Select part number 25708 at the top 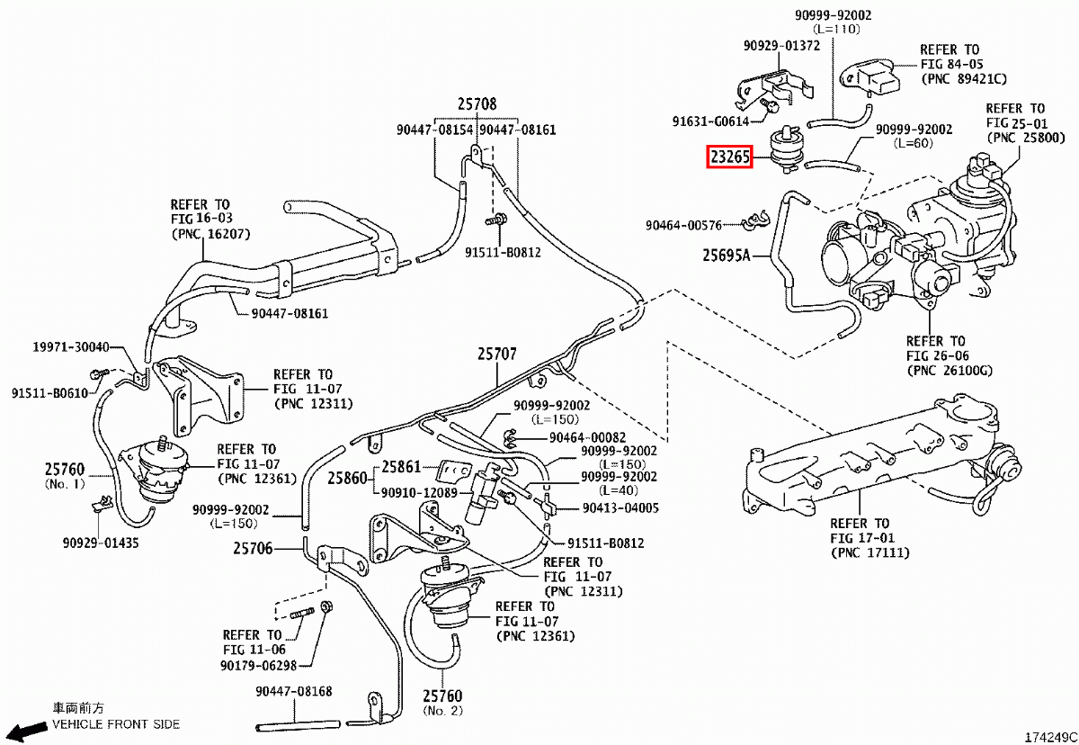pos(476,104)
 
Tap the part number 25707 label pos(496,355)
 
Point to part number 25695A pos(727,256)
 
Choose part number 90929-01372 pos(781,46)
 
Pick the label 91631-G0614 pos(710,121)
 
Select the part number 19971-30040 pos(71,347)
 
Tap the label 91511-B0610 pos(50,392)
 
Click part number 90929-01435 pos(101,543)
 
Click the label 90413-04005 pos(620,507)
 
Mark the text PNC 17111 pos(870,552)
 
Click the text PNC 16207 pos(211,234)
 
